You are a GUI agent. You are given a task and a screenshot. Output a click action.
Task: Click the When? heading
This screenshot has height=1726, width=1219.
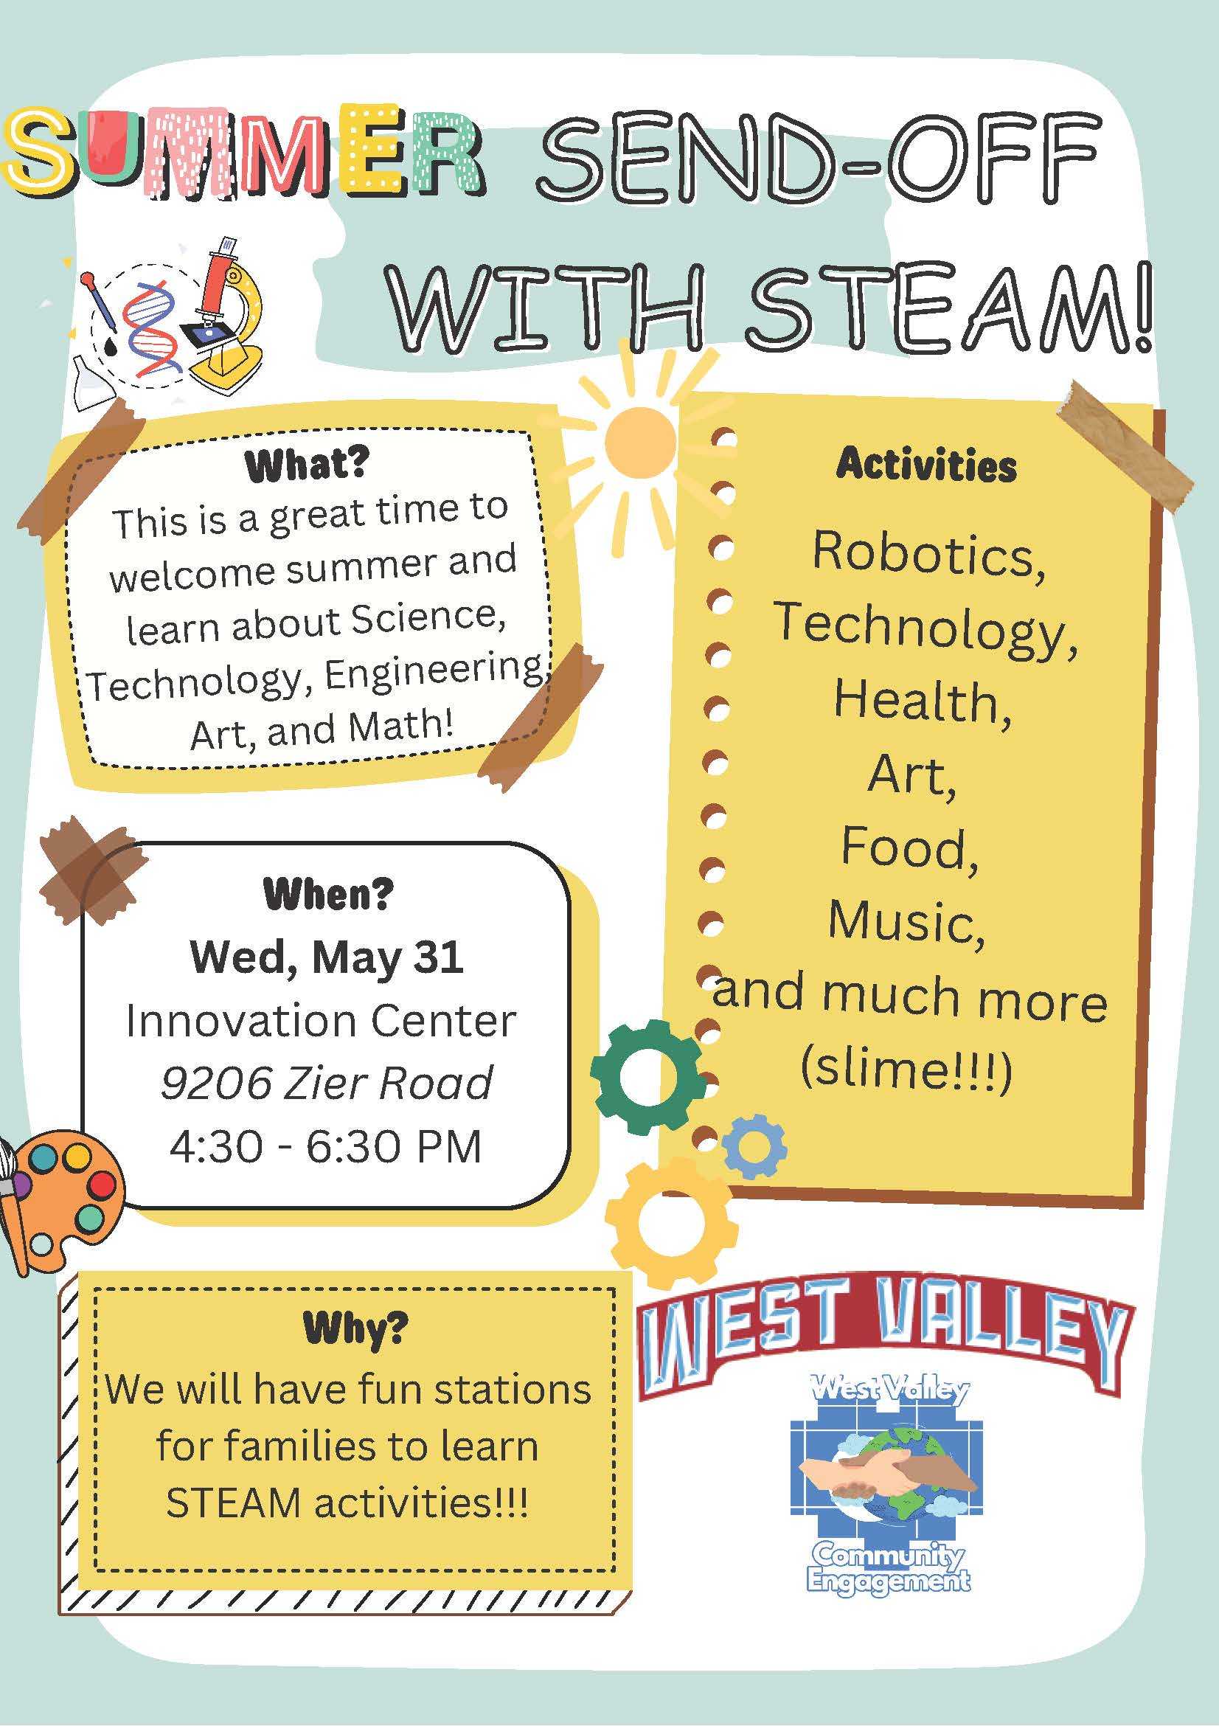pos(327,895)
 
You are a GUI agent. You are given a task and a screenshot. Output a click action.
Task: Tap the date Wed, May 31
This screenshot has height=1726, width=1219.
pos(326,957)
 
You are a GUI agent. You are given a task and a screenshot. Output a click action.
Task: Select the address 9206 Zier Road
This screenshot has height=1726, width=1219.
pos(327,1084)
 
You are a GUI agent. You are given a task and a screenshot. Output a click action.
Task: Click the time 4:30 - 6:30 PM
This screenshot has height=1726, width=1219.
pos(325,1147)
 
